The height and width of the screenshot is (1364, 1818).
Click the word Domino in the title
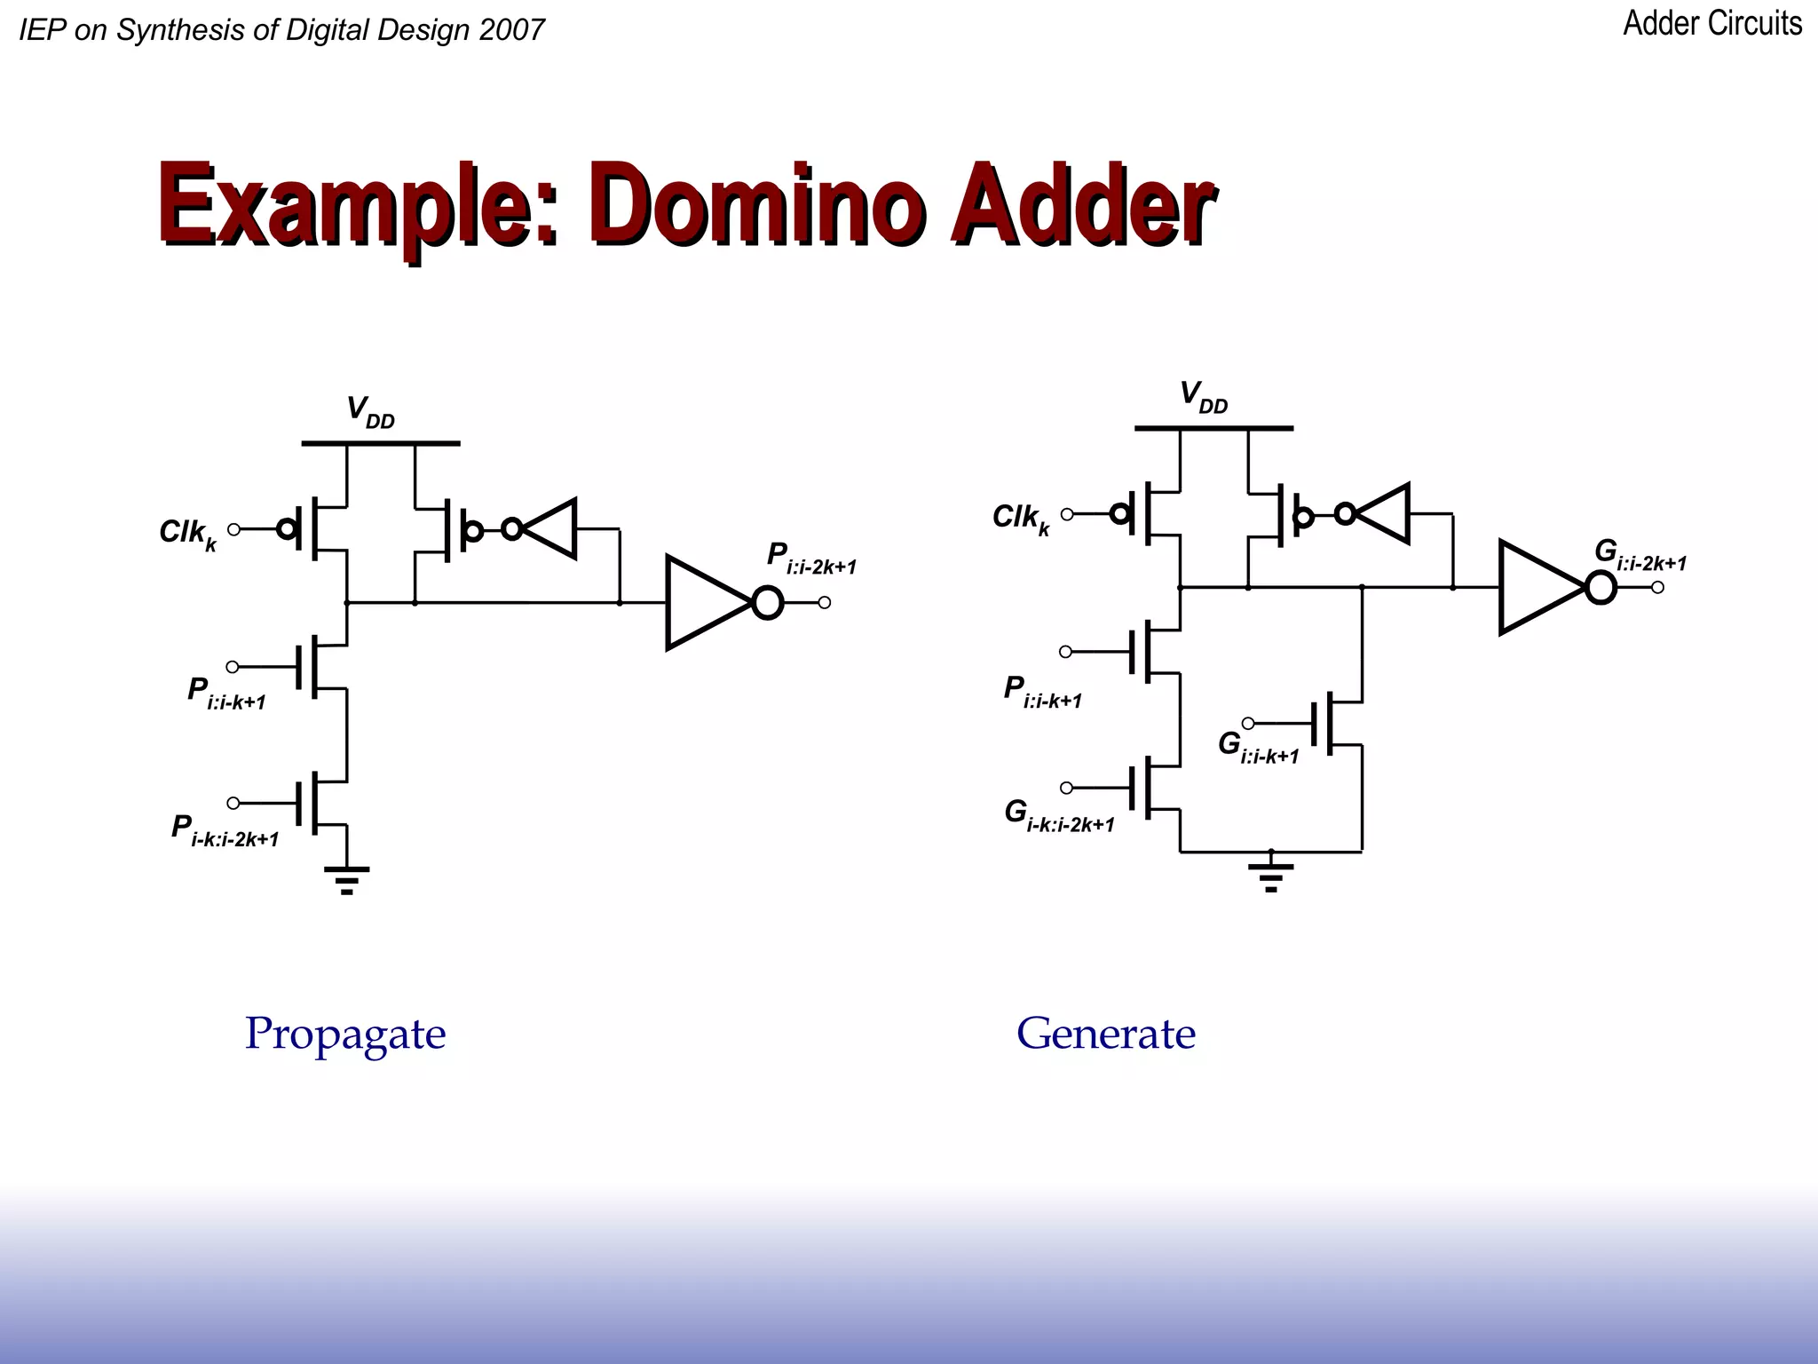[759, 206]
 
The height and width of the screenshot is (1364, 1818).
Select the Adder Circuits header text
[1711, 24]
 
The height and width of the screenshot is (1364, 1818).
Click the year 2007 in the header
[511, 30]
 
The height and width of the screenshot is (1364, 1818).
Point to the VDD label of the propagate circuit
[369, 412]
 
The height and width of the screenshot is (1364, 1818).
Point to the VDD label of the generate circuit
[1202, 397]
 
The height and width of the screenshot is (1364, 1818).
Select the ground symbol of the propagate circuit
[347, 878]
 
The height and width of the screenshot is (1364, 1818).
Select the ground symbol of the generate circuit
[1270, 875]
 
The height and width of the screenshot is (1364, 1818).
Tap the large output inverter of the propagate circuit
[707, 603]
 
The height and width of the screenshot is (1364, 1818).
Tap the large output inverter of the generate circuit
[1540, 588]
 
